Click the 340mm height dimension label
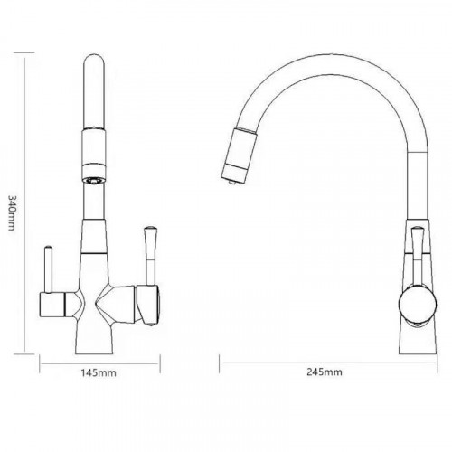click(11, 212)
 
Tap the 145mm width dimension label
click(99, 372)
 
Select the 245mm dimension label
click(325, 372)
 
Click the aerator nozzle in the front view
click(94, 181)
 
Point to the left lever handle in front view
click(49, 269)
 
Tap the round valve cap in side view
click(418, 304)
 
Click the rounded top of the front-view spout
click(94, 61)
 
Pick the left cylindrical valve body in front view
click(52, 305)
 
